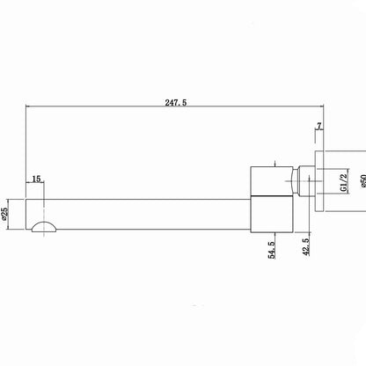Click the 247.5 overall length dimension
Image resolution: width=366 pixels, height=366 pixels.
coord(176,103)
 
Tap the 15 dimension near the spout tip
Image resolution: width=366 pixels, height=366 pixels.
coord(36,179)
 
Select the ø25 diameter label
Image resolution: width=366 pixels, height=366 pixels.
coord(4,214)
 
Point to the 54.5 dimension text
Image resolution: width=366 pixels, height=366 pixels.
coord(272,250)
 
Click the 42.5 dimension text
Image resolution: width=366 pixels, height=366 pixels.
coord(306,247)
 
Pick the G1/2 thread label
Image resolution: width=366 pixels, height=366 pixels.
coord(343,183)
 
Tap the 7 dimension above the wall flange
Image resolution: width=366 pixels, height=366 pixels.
coord(319,126)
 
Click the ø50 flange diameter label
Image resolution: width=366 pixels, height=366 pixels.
coord(363,181)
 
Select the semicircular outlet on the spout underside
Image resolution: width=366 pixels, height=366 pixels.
coord(44,227)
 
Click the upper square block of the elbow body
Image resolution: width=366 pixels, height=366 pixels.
coord(272,180)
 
